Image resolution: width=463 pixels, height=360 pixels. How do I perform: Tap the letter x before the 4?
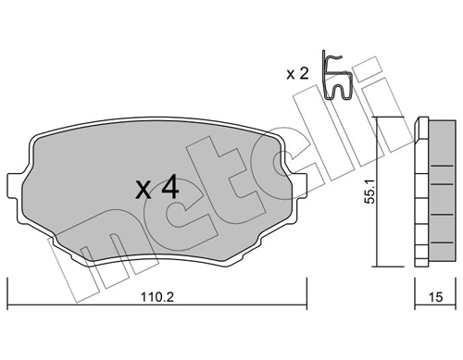(144, 191)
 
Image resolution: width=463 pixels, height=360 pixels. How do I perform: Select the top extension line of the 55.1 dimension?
(394, 118)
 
